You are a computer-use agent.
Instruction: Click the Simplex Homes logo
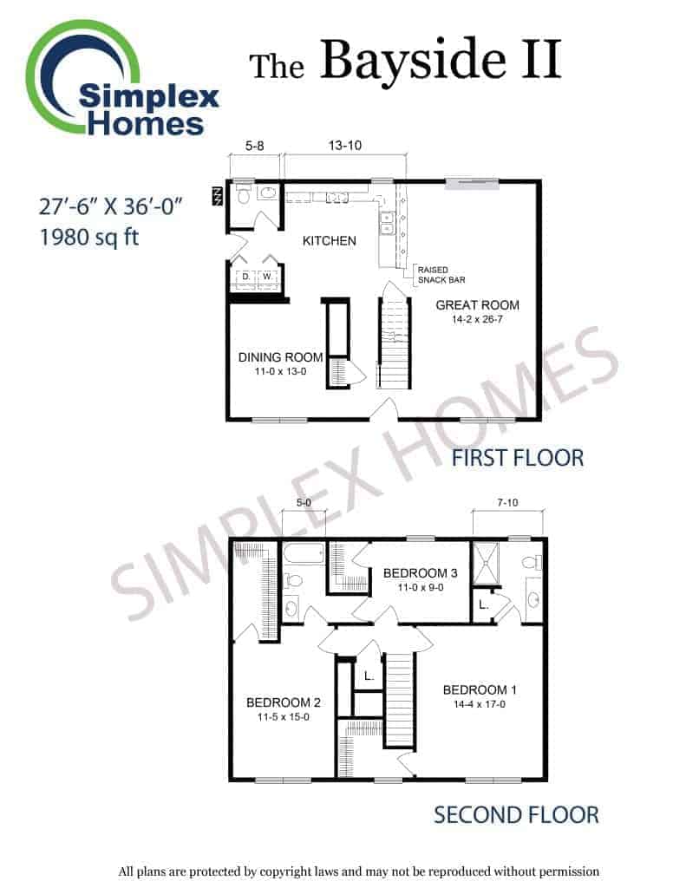[121, 79]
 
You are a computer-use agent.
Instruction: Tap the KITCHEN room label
[329, 241]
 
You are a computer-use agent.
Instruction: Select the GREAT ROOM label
[477, 305]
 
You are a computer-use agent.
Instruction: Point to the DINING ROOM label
[280, 357]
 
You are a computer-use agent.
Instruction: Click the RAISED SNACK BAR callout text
[441, 275]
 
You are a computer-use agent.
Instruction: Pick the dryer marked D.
[245, 277]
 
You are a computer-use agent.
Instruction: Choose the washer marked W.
[267, 277]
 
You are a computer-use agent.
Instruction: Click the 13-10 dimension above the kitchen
[345, 146]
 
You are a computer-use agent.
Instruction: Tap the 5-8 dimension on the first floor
[254, 146]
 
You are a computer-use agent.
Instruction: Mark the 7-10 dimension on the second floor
[507, 502]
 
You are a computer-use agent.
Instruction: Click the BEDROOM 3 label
[421, 573]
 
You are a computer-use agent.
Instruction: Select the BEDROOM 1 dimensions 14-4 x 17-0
[480, 704]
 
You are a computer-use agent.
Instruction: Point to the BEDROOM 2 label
[284, 702]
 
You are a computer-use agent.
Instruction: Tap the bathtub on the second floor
[304, 553]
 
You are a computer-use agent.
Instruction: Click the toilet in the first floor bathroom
[245, 196]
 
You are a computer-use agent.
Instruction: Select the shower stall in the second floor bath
[486, 563]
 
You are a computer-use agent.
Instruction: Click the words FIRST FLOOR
[517, 458]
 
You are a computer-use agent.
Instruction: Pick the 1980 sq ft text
[89, 238]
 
